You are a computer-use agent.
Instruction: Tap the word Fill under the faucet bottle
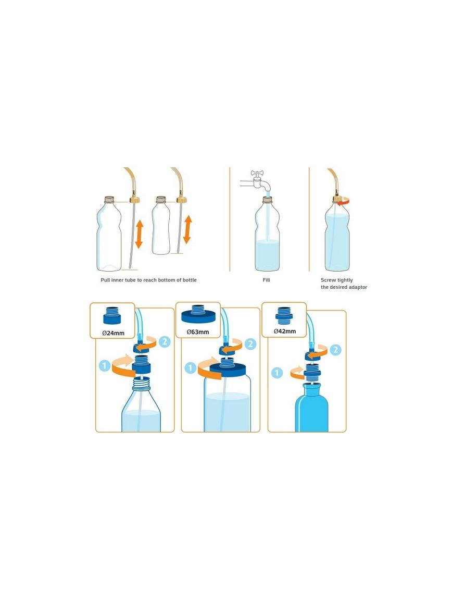(266, 280)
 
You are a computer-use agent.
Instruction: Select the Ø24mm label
(112, 332)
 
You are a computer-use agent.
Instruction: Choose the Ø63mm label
(198, 332)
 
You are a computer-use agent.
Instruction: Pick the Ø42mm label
(285, 331)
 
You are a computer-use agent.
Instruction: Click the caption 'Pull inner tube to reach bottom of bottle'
(148, 280)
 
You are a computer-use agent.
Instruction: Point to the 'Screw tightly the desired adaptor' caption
(344, 284)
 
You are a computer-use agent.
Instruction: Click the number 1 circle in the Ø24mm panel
(104, 366)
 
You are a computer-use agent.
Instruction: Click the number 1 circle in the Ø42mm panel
(277, 373)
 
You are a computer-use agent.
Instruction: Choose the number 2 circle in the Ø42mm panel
(336, 350)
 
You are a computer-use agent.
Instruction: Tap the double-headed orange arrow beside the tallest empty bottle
(139, 234)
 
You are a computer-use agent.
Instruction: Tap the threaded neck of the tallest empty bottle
(109, 200)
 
